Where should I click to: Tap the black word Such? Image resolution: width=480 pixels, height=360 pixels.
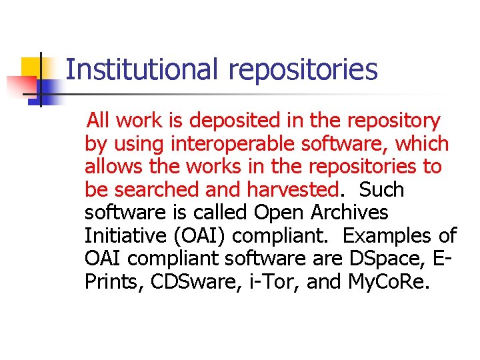pos(381,189)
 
